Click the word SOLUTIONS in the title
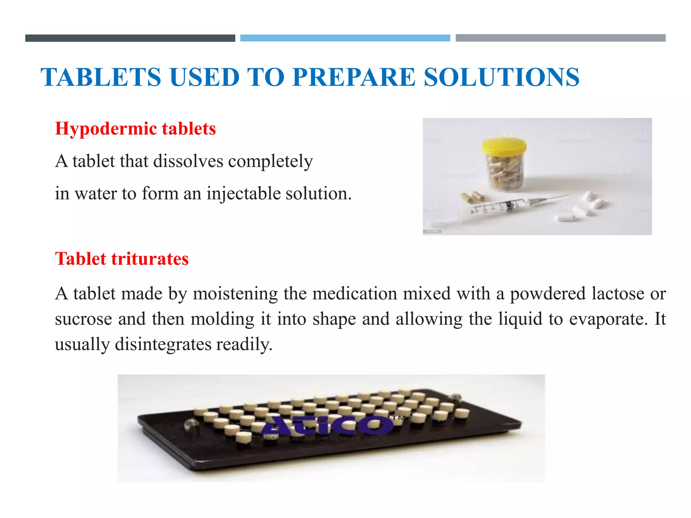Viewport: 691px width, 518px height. [x=501, y=77]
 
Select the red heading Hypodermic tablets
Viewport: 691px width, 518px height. [x=135, y=129]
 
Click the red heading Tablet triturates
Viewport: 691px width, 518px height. [x=122, y=259]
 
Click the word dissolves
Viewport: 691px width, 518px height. [x=188, y=161]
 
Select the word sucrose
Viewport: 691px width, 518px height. [x=83, y=319]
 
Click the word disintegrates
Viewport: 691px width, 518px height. [x=163, y=345]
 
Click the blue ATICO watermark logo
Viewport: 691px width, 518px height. [x=327, y=426]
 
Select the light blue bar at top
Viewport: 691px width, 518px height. [x=345, y=38]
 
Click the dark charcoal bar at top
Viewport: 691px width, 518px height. [x=130, y=38]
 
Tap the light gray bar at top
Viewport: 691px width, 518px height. [x=560, y=38]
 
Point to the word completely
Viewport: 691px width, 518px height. [x=270, y=161]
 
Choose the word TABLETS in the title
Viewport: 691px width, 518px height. [x=101, y=77]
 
